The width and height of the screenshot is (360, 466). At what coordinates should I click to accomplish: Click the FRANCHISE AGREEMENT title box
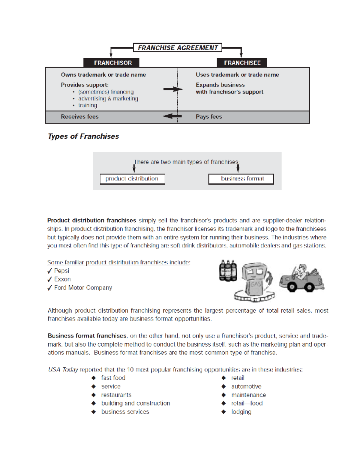(178, 48)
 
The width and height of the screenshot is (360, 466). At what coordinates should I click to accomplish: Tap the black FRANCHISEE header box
(242, 63)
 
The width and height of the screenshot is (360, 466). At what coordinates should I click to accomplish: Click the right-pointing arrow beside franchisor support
(173, 89)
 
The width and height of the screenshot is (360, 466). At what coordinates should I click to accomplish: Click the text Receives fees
(79, 117)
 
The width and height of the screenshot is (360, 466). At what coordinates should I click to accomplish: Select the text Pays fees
(209, 117)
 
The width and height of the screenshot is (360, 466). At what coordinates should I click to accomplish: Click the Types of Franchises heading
(83, 137)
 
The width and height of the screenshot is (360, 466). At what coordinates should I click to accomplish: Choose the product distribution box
(132, 179)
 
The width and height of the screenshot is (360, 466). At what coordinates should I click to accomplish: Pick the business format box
(241, 179)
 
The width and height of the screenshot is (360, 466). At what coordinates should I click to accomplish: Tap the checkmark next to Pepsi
(50, 271)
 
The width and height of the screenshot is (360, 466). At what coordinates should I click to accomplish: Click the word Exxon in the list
(62, 279)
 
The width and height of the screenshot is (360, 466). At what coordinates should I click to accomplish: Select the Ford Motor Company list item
(83, 288)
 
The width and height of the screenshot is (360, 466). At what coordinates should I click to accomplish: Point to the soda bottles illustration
(228, 271)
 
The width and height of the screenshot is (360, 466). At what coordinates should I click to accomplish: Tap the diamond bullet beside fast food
(94, 378)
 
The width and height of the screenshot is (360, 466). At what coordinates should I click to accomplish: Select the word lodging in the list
(241, 412)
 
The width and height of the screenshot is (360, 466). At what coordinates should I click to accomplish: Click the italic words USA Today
(63, 370)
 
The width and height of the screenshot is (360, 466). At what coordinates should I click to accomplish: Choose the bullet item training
(88, 105)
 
